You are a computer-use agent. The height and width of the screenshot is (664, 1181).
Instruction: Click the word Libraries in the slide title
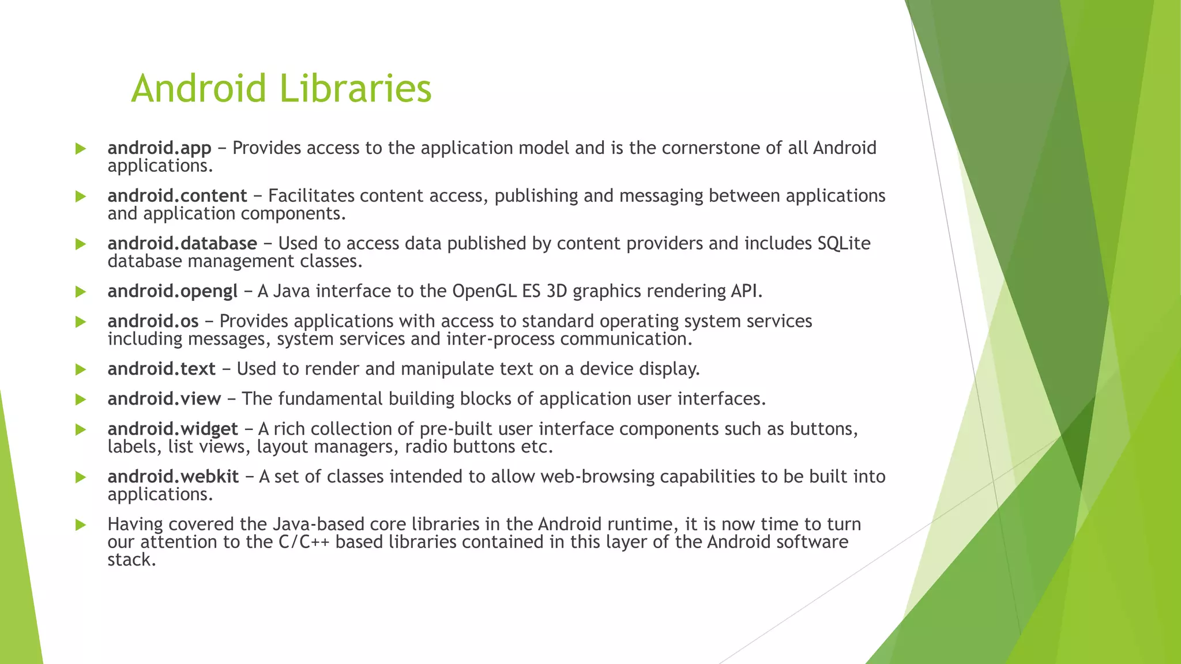(355, 89)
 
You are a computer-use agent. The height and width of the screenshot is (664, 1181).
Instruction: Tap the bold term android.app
(159, 149)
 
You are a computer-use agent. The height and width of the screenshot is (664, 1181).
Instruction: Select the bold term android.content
(177, 196)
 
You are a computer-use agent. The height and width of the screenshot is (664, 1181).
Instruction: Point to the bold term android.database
(182, 244)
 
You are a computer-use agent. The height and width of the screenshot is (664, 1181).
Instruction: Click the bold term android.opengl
(172, 292)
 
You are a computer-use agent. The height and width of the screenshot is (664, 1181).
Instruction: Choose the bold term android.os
(153, 321)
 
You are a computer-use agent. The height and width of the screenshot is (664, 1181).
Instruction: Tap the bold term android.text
(161, 369)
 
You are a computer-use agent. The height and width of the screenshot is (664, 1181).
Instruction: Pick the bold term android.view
(164, 399)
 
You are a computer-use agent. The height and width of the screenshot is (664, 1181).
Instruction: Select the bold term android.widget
(172, 429)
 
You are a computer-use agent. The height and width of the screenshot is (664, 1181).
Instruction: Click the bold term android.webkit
(173, 477)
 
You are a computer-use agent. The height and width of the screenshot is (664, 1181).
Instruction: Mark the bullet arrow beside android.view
(80, 399)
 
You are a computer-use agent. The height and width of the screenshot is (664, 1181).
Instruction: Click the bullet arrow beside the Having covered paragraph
(80, 525)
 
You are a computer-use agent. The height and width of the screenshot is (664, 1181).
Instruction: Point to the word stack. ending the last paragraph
(131, 560)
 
